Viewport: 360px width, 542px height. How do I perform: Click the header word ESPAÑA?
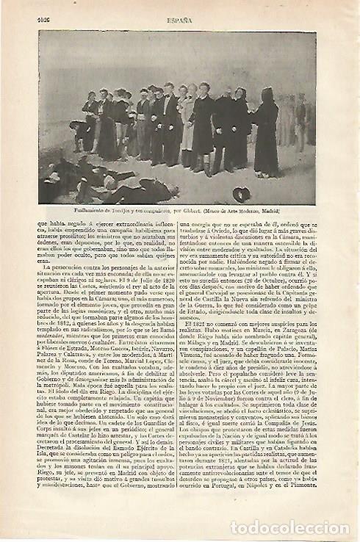181,21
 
